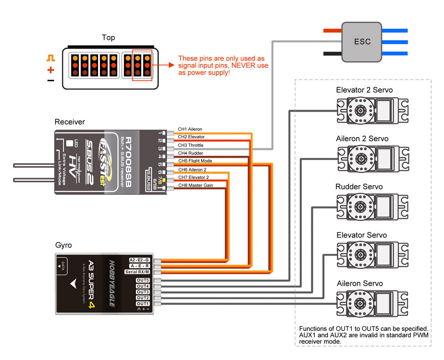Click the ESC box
tap(361, 42)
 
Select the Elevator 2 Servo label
tap(365, 90)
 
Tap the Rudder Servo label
tap(359, 187)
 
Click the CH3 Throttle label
tap(190, 145)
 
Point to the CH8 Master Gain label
tap(196, 186)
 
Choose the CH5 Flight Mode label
tap(195, 161)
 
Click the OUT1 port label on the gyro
tap(143, 304)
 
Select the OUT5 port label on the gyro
tap(143, 280)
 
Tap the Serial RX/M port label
tap(137, 272)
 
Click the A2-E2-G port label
tap(139, 260)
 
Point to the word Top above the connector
tap(108, 38)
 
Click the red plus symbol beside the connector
tap(51, 70)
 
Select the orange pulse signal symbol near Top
tap(51, 58)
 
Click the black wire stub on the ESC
tap(333, 54)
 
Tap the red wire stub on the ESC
tap(333, 31)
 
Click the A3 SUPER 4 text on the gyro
tap(91, 284)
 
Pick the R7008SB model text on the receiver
tap(128, 162)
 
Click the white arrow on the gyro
tap(74, 284)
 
